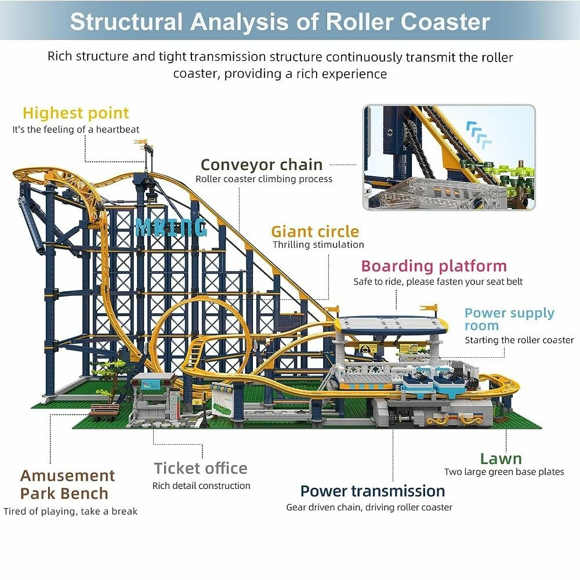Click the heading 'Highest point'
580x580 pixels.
(x=75, y=113)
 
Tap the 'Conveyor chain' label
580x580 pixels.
(x=261, y=165)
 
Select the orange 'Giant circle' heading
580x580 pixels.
(x=315, y=231)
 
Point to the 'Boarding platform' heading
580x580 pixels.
(x=434, y=266)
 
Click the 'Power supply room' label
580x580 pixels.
(x=509, y=319)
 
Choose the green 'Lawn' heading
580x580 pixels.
(x=501, y=459)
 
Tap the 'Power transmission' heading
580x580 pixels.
(x=372, y=491)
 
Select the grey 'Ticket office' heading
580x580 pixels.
(x=201, y=468)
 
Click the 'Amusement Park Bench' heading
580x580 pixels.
(x=67, y=484)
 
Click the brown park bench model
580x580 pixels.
(x=103, y=412)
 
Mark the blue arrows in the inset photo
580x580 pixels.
(x=479, y=133)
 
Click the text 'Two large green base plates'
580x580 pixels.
(x=503, y=472)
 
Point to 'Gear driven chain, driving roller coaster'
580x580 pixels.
(x=369, y=507)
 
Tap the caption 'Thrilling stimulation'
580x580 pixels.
(x=318, y=245)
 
